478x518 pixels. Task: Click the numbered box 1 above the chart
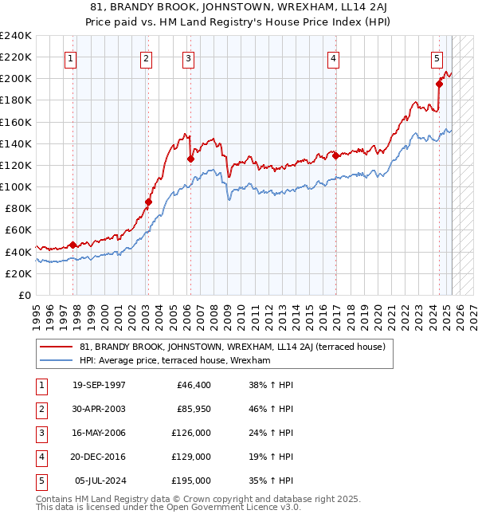pyautogui.click(x=71, y=57)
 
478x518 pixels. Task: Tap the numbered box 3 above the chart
pyautogui.click(x=188, y=57)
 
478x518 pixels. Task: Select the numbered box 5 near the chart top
pyautogui.click(x=437, y=57)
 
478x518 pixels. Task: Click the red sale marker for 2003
pyautogui.click(x=148, y=202)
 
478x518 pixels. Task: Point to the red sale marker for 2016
pyautogui.click(x=335, y=155)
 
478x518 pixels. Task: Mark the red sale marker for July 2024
pyautogui.click(x=439, y=84)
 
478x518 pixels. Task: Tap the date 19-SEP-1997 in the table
pyautogui.click(x=99, y=385)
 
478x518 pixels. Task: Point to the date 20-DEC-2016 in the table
pyautogui.click(x=99, y=457)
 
